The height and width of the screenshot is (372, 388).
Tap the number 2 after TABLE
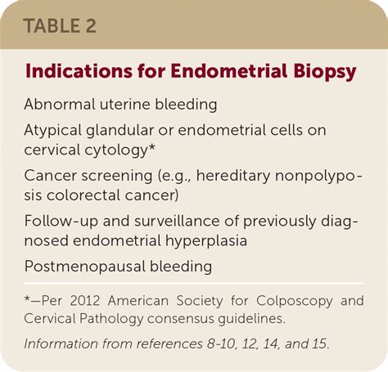click(x=91, y=26)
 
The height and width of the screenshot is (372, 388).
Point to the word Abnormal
click(x=60, y=104)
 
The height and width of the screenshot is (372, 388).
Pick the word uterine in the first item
click(x=125, y=105)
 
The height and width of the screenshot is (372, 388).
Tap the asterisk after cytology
click(x=151, y=147)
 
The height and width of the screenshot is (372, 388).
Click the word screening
click(x=117, y=177)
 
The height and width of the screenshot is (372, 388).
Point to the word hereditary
click(x=233, y=176)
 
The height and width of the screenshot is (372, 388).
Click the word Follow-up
click(x=61, y=222)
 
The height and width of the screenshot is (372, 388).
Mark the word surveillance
click(x=177, y=221)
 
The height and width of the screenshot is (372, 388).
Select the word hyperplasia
click(x=206, y=241)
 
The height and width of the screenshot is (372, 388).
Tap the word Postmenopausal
click(x=84, y=267)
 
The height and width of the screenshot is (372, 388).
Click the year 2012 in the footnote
click(x=85, y=301)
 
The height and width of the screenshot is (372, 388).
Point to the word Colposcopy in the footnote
click(x=295, y=302)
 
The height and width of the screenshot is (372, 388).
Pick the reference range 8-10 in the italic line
click(x=220, y=344)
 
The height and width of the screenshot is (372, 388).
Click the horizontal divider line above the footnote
click(x=194, y=284)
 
